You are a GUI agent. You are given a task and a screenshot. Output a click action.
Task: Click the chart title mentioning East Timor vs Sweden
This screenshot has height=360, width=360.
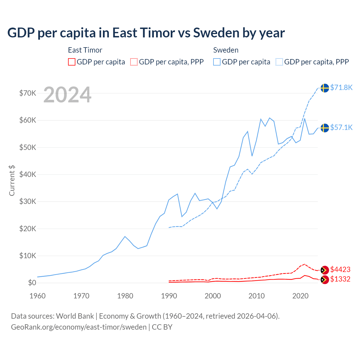(146, 33)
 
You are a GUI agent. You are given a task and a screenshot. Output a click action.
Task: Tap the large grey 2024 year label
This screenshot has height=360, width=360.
(67, 95)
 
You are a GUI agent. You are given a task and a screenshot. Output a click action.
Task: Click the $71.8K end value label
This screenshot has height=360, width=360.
(341, 87)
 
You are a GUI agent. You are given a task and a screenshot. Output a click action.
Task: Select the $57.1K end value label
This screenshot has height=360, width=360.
(341, 127)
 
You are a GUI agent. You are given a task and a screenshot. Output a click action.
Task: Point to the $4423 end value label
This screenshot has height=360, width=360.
(340, 269)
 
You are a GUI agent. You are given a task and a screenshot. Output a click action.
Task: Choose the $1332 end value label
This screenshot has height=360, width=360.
(340, 279)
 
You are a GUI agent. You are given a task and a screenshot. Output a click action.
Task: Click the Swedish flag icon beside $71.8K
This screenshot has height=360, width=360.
(325, 88)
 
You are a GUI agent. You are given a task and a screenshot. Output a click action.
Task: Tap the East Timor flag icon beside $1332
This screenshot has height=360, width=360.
(325, 280)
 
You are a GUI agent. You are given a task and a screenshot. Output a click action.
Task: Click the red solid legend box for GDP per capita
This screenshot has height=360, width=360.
(72, 62)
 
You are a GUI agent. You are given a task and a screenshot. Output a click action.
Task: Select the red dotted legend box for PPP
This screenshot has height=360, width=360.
(134, 62)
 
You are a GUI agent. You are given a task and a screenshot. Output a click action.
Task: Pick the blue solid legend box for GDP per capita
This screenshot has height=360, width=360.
(217, 62)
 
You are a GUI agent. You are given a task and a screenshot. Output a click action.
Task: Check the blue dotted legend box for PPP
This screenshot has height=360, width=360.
(279, 62)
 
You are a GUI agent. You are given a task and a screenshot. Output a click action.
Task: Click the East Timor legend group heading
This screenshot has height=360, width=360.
(85, 50)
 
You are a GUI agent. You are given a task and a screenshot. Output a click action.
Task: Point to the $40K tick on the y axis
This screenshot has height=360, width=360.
(28, 174)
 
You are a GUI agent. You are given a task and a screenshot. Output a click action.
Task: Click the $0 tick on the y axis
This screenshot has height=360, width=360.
(32, 283)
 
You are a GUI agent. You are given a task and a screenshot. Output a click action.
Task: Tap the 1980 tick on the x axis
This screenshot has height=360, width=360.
(125, 296)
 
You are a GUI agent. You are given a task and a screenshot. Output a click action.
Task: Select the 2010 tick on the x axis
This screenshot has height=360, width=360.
(256, 296)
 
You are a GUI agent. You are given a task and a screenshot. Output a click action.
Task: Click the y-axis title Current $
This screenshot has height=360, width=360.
(12, 180)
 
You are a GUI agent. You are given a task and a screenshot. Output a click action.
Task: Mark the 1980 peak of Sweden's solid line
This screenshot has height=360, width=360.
(125, 237)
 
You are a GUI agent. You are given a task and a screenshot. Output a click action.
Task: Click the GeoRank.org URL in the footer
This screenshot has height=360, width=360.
(79, 327)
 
